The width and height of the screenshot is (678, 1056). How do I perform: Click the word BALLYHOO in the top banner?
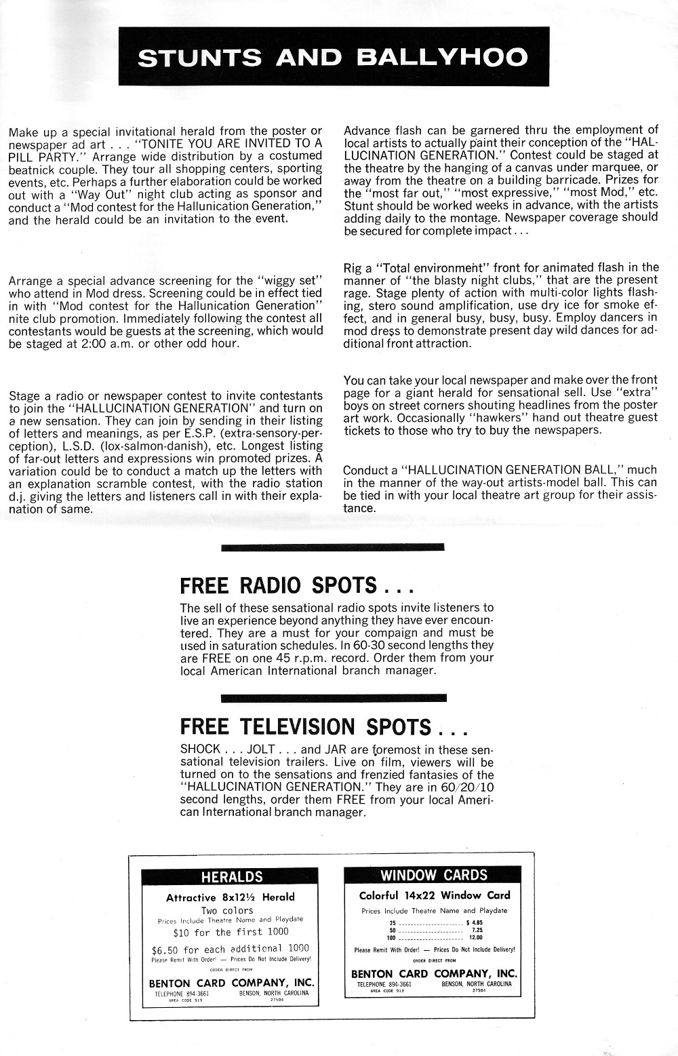(x=441, y=57)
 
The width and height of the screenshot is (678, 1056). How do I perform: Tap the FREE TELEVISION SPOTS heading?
(x=323, y=726)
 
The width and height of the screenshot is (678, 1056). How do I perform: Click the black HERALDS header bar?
(x=231, y=877)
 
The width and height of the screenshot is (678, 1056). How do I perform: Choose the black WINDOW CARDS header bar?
(x=433, y=875)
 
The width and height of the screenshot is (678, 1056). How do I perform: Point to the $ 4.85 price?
(x=474, y=922)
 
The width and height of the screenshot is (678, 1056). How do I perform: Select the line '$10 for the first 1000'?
(x=231, y=932)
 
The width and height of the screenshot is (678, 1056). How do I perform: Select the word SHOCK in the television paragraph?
(x=200, y=749)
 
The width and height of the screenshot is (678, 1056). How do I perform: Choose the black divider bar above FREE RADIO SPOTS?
(x=332, y=547)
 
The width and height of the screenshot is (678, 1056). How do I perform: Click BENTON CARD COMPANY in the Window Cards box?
(x=433, y=974)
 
